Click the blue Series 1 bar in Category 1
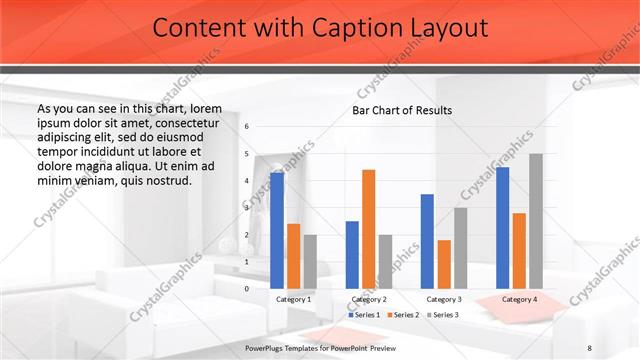(x=277, y=230)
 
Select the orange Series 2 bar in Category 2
(x=368, y=229)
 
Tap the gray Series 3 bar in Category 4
(x=536, y=221)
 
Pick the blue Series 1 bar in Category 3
(x=427, y=241)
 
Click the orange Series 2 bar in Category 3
(x=443, y=264)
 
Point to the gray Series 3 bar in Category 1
(x=310, y=261)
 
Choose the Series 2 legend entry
(x=403, y=314)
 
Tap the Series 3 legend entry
(x=442, y=314)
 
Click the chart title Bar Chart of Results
(x=402, y=110)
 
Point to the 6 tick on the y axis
(x=247, y=127)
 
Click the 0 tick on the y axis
(x=247, y=288)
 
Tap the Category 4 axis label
(x=518, y=299)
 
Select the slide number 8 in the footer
(x=590, y=347)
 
